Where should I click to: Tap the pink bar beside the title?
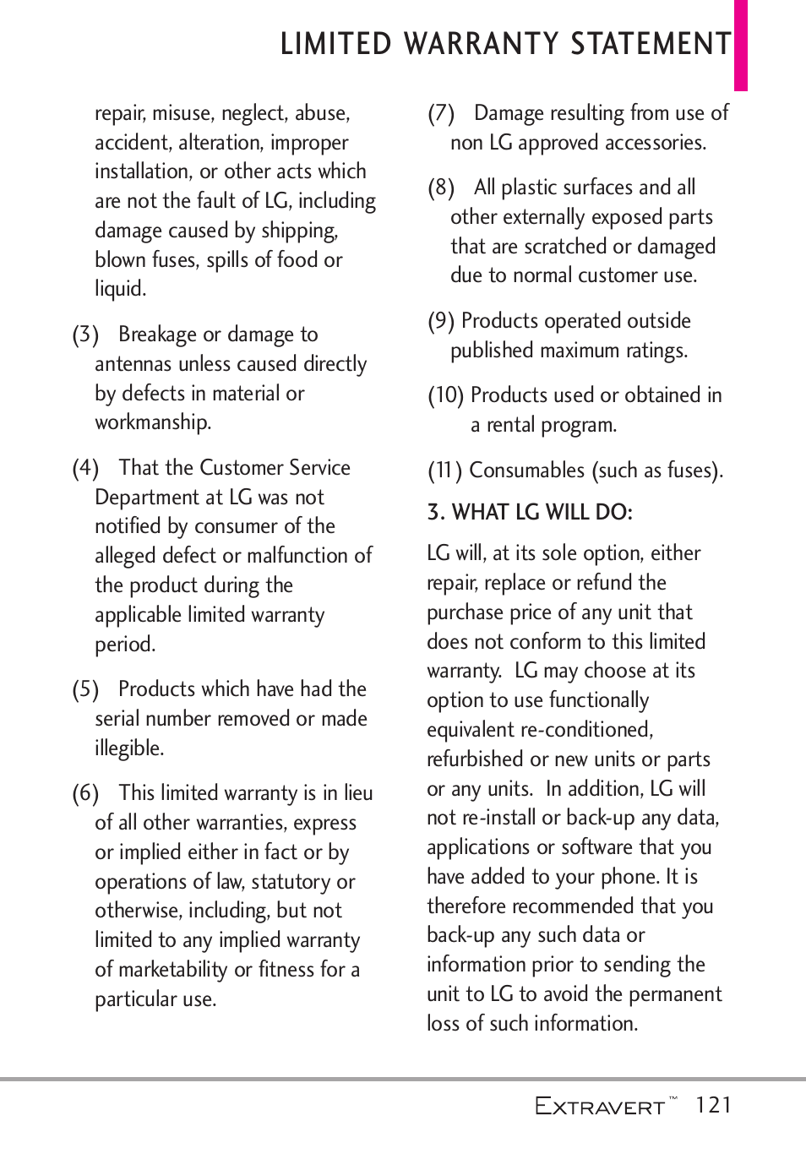click(x=740, y=46)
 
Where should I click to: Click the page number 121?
click(x=713, y=1105)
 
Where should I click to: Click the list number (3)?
click(x=85, y=335)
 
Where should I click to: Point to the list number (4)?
click(x=85, y=468)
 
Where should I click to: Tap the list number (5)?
click(x=85, y=689)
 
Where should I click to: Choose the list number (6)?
click(x=85, y=793)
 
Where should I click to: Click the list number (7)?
click(x=441, y=113)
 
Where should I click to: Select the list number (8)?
click(x=441, y=188)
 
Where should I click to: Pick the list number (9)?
click(x=441, y=321)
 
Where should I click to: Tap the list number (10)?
click(x=445, y=395)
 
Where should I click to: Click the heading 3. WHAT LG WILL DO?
click(x=530, y=512)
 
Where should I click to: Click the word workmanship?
click(x=152, y=422)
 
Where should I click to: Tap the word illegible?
click(x=129, y=748)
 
